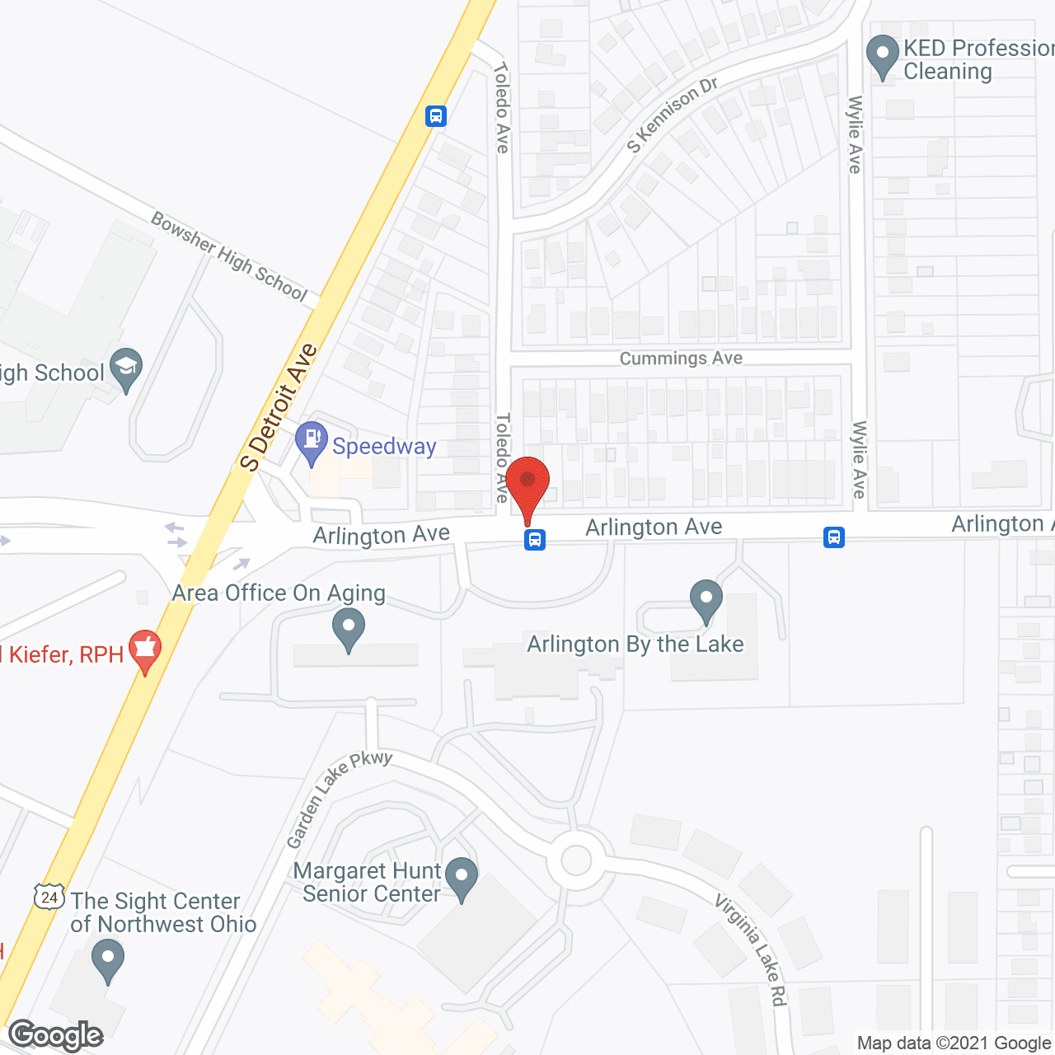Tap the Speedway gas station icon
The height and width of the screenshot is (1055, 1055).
312,441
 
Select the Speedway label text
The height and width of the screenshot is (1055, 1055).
384,447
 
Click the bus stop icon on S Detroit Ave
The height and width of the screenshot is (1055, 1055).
436,116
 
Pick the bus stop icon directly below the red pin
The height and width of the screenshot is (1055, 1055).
535,540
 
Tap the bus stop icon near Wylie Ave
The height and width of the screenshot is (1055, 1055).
834,538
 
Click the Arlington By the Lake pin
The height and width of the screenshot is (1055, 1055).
706,601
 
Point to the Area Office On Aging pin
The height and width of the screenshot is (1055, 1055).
349,629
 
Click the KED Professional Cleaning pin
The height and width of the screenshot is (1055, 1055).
883,55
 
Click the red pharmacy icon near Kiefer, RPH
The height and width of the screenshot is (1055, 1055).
145,650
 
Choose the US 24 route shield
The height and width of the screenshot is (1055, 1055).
49,896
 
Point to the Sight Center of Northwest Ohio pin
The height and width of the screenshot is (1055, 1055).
108,960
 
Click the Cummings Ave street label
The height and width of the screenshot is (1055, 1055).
681,359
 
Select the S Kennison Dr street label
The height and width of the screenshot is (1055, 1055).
673,115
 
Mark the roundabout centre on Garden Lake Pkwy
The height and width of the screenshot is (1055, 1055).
576,860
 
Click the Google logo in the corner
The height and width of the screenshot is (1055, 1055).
56,1035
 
